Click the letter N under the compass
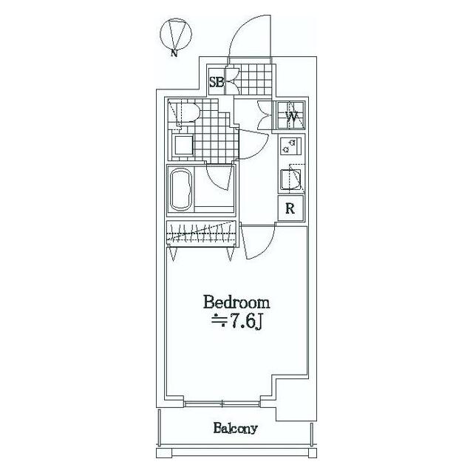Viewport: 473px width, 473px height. (174, 53)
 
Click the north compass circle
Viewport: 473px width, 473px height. (160, 34)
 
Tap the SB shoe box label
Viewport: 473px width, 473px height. (217, 82)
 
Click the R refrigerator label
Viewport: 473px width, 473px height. (290, 208)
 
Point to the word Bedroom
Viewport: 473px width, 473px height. (236, 302)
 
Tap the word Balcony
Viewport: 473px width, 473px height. (235, 428)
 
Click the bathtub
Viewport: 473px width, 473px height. (181, 189)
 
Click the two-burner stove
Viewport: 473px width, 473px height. (290, 146)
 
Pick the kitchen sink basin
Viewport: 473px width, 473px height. (290, 180)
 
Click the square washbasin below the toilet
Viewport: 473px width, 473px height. (183, 145)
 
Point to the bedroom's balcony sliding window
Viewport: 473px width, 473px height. (222, 404)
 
